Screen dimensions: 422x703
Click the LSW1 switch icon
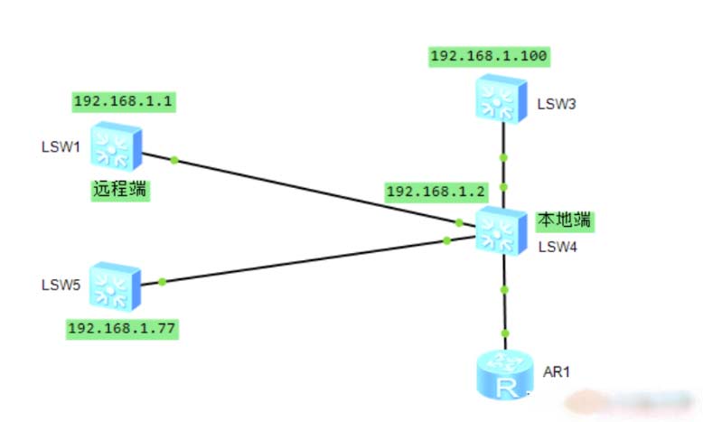(117, 148)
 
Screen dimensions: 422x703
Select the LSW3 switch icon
(502, 98)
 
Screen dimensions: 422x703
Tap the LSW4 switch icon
(502, 230)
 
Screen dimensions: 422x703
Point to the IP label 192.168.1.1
(123, 101)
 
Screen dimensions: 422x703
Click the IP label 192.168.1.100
(489, 56)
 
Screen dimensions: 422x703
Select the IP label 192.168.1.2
(436, 192)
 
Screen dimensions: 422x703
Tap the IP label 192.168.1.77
(123, 327)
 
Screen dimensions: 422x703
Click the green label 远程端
(120, 190)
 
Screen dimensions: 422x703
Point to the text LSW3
(557, 104)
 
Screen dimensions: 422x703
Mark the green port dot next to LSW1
(173, 161)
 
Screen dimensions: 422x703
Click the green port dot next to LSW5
(162, 281)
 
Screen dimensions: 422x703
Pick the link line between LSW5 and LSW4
(307, 260)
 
